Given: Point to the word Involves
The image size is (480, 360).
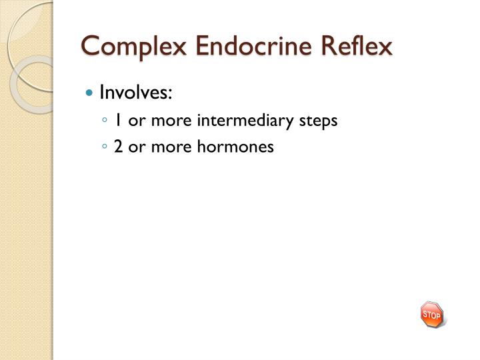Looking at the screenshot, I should [134, 93].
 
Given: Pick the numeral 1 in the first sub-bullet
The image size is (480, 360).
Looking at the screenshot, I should [117, 121].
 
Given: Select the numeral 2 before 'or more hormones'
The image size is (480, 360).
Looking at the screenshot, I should [118, 147].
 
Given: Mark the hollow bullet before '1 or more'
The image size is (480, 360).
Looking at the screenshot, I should [105, 121].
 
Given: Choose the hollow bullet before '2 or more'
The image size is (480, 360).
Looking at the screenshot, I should [105, 147].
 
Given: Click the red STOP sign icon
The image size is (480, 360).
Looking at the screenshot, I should [431, 314].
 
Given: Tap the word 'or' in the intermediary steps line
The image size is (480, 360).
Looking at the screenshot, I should [135, 121].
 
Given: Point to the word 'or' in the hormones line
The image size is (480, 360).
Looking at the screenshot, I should [135, 147].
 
